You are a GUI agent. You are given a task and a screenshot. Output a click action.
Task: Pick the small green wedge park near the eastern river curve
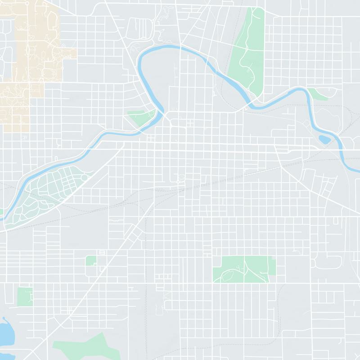321,94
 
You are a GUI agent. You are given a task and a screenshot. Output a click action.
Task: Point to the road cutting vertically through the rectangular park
245,269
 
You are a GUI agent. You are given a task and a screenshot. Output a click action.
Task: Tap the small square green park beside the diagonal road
91,261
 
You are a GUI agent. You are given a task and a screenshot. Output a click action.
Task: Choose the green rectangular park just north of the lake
25,296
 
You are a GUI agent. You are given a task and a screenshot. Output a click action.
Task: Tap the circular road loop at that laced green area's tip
85,178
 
